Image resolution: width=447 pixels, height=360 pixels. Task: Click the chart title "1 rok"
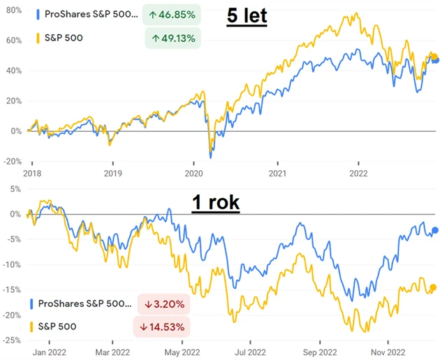215,203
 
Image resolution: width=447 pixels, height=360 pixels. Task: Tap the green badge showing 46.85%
172,15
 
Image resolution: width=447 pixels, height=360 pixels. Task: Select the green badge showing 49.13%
172,38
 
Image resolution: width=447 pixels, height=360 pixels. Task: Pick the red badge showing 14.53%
161,327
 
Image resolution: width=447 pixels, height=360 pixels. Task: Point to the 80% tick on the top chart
11,10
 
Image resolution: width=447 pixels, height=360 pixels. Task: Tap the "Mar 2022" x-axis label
112,352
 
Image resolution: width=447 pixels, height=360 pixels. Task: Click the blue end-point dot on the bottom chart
434,230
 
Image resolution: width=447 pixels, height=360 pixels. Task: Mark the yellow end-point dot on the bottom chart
433,287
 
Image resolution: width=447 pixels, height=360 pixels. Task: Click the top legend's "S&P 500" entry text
64,38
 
